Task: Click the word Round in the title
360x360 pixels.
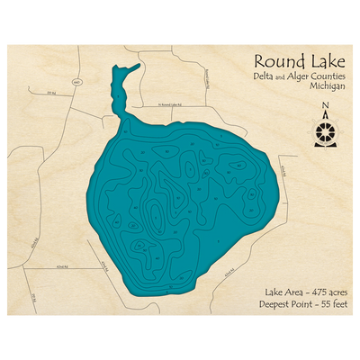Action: pos(273,62)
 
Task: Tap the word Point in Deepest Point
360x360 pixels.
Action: pos(292,307)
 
